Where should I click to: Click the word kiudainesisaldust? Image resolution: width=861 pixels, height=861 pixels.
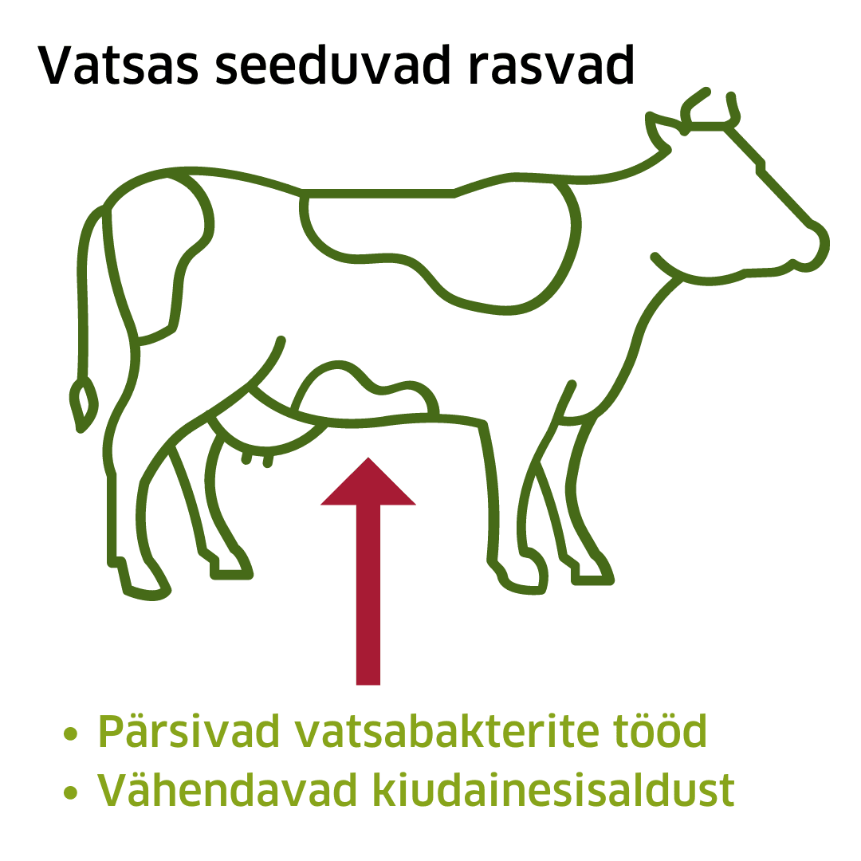point(549,790)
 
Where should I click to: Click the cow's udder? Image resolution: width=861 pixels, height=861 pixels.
point(263,434)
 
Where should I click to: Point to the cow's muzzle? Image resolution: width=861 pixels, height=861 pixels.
point(809,247)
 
